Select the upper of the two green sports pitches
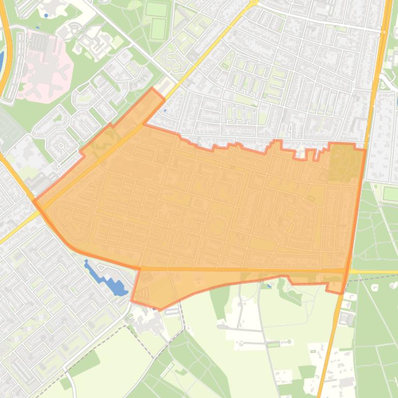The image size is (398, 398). tap(157, 9)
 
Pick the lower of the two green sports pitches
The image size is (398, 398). tap(158, 29)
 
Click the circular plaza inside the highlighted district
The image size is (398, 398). tap(217, 226)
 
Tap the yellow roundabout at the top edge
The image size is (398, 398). tap(253, 3)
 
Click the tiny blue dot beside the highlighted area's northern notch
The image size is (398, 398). tap(165, 110)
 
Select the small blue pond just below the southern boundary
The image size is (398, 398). tap(269, 285)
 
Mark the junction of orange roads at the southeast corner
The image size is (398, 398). tap(346, 270)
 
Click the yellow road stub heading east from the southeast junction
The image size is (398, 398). tap(373, 271)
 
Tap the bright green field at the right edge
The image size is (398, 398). tap(390, 194)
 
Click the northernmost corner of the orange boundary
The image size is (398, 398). tap(153, 88)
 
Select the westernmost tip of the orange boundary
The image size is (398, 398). tap(34, 201)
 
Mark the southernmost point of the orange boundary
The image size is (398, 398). tap(159, 310)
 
